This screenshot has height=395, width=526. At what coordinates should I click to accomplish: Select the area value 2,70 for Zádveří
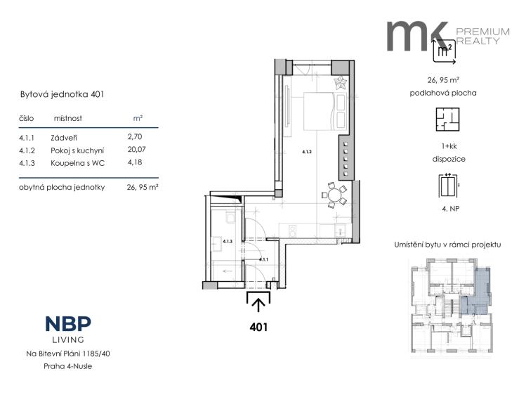pos(135,138)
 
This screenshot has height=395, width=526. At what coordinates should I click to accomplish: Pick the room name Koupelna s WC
pos(77,162)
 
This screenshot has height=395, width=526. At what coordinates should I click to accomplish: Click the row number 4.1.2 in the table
pos(27,150)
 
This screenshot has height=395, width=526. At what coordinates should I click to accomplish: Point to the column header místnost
pos(67,119)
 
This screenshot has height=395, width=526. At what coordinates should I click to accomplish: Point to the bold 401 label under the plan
pos(259,326)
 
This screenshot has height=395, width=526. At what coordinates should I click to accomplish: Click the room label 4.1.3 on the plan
pos(226,242)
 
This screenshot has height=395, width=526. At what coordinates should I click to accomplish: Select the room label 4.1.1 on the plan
pos(263,259)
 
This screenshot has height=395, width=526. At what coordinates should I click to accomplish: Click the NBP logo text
pos(68,324)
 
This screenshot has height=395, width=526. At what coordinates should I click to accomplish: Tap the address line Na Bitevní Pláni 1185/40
pos(67,354)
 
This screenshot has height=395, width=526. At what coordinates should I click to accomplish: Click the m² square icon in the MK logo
pos(444,51)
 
